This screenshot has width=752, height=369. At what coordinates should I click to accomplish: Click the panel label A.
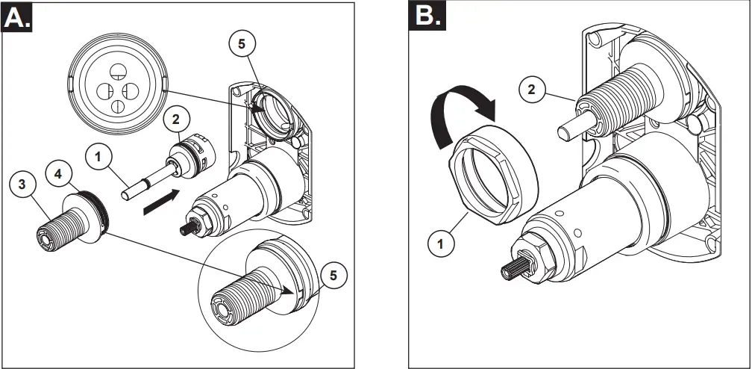pos(17,17)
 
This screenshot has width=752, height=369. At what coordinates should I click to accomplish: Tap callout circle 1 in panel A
pos(97,157)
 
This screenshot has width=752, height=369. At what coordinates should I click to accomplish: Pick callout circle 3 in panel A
pos(22,183)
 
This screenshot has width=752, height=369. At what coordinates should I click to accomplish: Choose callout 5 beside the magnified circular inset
pos(333,275)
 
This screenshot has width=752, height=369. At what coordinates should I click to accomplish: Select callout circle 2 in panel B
pos(530,91)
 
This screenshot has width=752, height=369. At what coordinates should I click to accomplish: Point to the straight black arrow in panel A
pos(163,201)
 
